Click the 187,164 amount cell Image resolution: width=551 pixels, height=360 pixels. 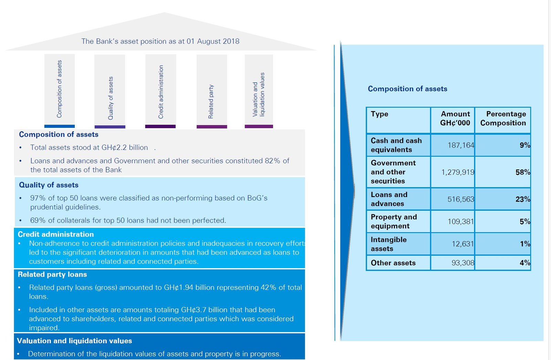pyautogui.click(x=460, y=145)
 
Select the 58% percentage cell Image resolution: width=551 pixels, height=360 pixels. pyautogui.click(x=522, y=172)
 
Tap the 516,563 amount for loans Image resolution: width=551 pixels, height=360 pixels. pyautogui.click(x=460, y=199)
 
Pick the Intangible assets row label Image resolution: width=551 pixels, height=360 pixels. pyautogui.click(x=388, y=244)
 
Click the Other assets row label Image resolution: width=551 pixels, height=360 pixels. pyautogui.click(x=393, y=263)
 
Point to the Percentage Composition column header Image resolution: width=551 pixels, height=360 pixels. pyautogui.click(x=503, y=119)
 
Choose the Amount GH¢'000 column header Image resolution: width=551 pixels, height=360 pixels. pyautogui.click(x=455, y=119)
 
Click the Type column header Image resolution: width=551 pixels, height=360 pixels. pyautogui.click(x=379, y=114)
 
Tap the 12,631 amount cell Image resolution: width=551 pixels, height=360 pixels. pyautogui.click(x=462, y=244)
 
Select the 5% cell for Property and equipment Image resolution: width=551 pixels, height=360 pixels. pyautogui.click(x=524, y=222)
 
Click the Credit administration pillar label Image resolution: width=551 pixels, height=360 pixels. pyautogui.click(x=161, y=92)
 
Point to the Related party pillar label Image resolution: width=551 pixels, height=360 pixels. pyautogui.click(x=211, y=102)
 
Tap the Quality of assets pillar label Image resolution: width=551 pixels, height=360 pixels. pyautogui.click(x=111, y=98)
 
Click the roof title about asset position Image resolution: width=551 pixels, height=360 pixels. pyautogui.click(x=160, y=41)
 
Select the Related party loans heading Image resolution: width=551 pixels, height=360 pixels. pyautogui.click(x=52, y=275)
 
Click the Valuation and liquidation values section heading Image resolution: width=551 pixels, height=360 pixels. pyautogui.click(x=74, y=341)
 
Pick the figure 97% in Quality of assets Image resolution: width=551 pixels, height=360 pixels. pyautogui.click(x=38, y=198)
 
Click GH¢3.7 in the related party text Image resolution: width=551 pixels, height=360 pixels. pyautogui.click(x=194, y=310)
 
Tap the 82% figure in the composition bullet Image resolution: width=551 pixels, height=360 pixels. pyautogui.click(x=272, y=161)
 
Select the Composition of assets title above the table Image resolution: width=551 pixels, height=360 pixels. pyautogui.click(x=407, y=89)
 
